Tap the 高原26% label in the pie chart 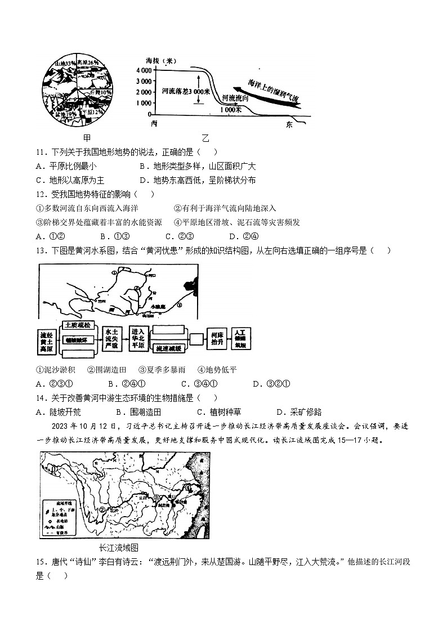[x=88, y=62]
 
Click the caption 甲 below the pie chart [x=87, y=138]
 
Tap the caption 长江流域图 [x=118, y=547]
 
